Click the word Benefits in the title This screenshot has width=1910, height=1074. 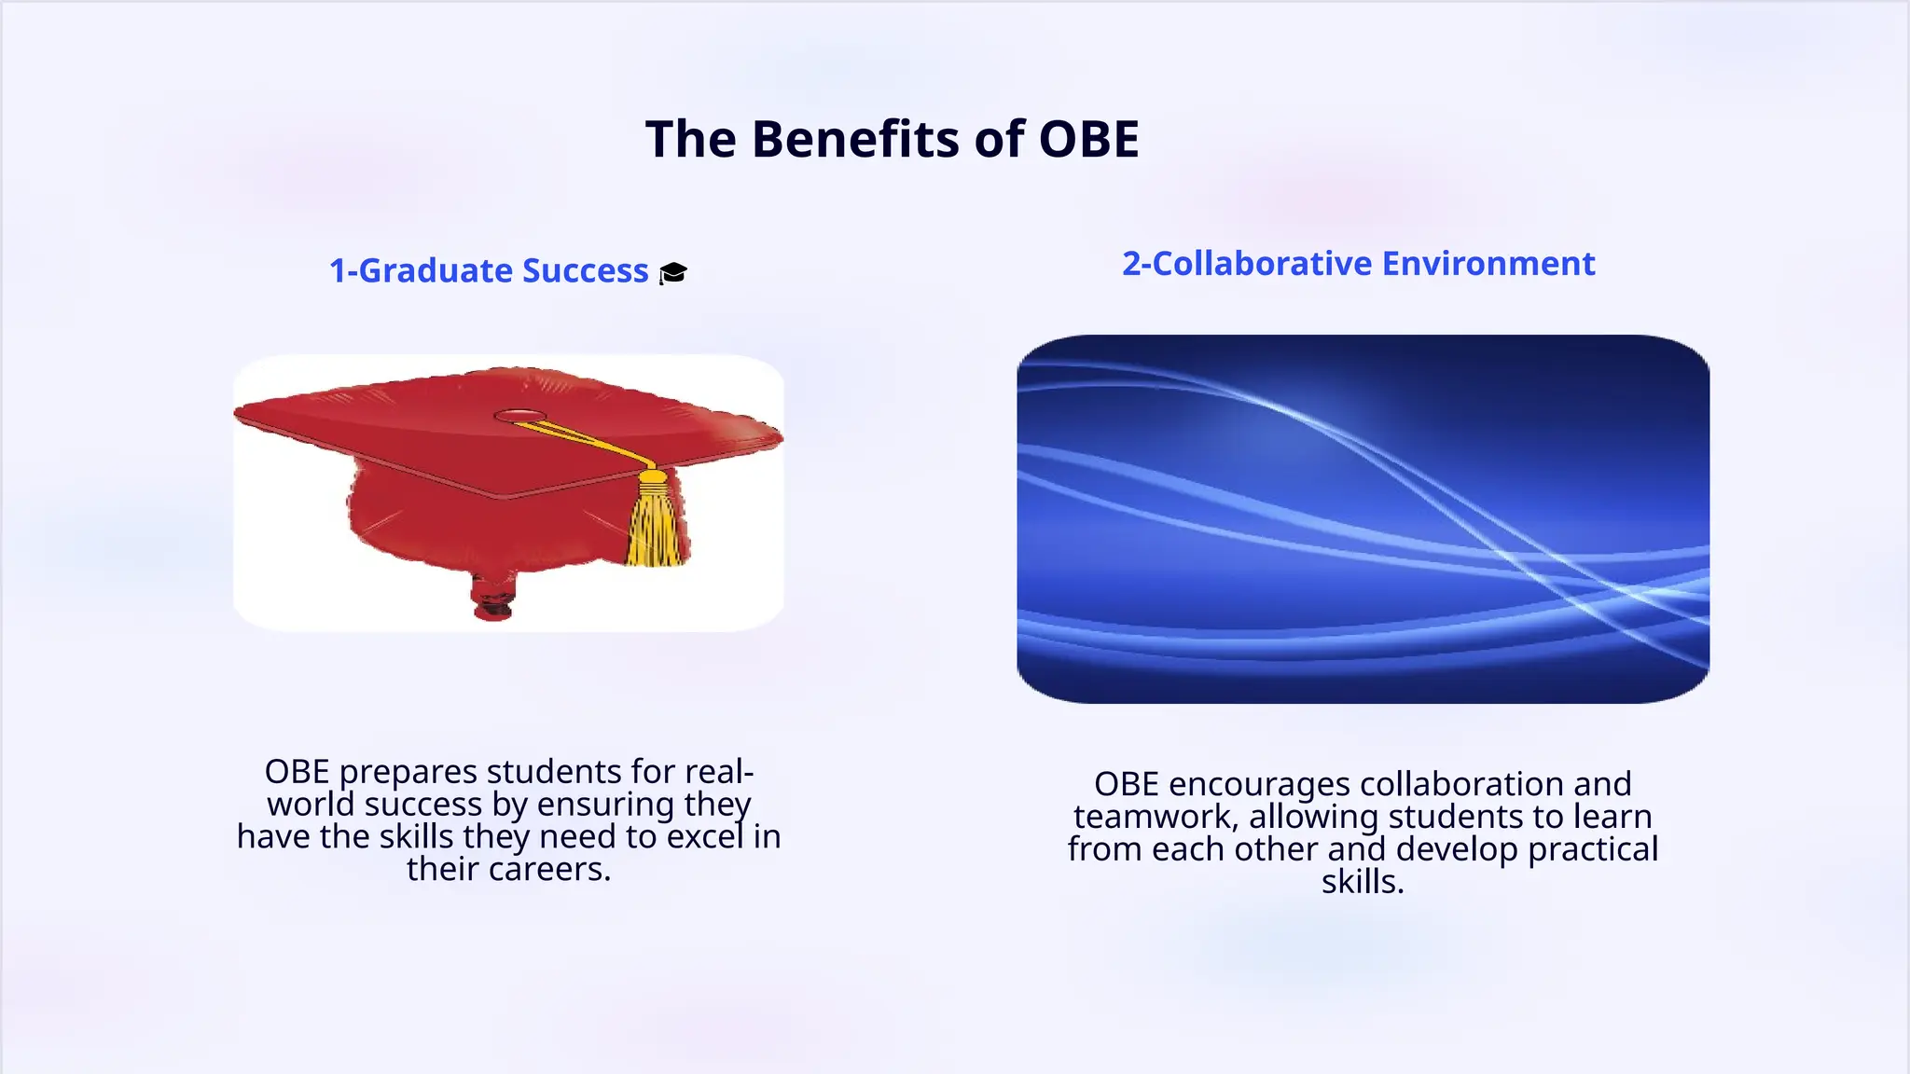click(855, 140)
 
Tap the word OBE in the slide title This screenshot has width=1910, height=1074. click(1088, 140)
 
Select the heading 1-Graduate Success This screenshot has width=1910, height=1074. click(488, 270)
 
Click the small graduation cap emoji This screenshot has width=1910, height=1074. click(673, 272)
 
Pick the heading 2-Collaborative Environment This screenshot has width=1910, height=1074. click(1358, 264)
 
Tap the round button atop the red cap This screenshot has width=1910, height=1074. click(519, 416)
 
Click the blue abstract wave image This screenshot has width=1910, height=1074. click(1363, 518)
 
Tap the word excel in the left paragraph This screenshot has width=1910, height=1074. click(705, 836)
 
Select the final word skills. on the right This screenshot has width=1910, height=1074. click(1363, 881)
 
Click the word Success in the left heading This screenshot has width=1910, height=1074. click(585, 270)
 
